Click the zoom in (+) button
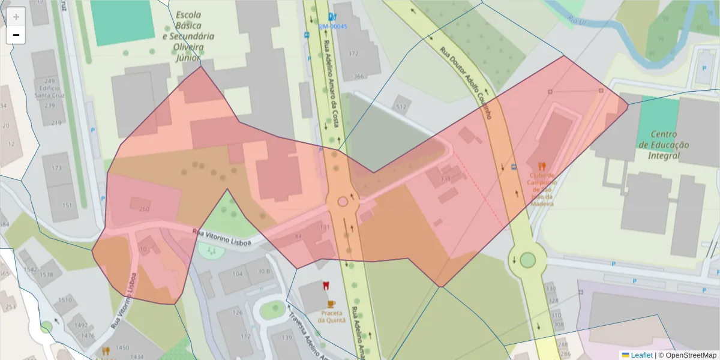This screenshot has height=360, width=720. coord(16,17)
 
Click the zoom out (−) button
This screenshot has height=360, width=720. coord(16,35)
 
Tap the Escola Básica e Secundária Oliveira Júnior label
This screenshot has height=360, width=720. coord(188,36)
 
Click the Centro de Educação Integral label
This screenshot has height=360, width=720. coord(664,145)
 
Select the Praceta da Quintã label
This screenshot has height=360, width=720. coord(332,316)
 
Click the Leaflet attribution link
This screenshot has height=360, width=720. coord(641,355)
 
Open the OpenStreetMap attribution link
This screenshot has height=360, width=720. coord(688,355)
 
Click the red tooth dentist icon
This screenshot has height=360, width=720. coord(326,286)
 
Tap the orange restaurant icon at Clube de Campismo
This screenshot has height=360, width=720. coord(542,166)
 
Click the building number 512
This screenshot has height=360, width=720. coord(401,107)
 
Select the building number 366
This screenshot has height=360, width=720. coord(359,76)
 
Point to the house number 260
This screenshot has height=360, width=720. coord(144,209)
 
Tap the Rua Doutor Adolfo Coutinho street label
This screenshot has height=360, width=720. coord(466,83)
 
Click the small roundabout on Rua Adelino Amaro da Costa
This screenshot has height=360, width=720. coord(343,201)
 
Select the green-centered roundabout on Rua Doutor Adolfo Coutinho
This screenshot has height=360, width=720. coord(527,260)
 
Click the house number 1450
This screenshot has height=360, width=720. coord(122,348)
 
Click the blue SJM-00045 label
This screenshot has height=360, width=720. coord(332,26)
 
